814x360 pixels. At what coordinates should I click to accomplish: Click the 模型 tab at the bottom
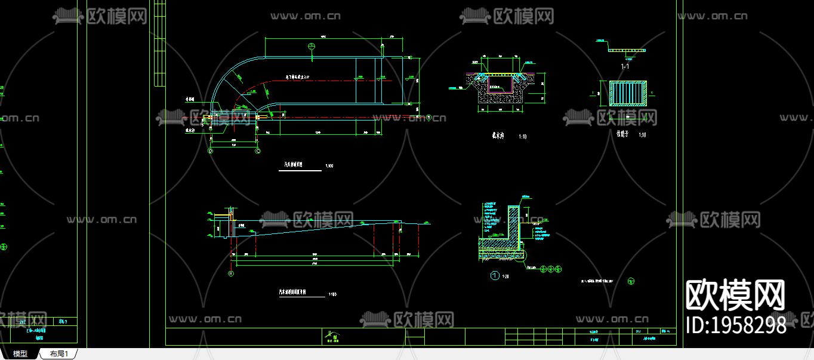(20, 354)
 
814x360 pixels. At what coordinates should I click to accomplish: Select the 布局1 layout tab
(59, 354)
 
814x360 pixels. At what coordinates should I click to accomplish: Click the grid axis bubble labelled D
(210, 152)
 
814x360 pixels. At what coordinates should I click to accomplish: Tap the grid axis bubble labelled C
(258, 152)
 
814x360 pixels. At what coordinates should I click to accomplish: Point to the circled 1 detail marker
(494, 275)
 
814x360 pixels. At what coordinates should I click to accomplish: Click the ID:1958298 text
(736, 325)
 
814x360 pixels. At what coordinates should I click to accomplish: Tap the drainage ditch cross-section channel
(500, 87)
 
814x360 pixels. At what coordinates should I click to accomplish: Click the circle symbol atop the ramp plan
(311, 47)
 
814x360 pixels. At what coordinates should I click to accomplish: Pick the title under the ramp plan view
(293, 164)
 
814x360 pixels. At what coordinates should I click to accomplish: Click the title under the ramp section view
(293, 293)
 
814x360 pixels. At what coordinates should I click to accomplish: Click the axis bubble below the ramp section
(231, 273)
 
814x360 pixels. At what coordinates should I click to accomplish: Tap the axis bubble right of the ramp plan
(429, 117)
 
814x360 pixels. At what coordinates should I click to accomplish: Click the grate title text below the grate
(623, 134)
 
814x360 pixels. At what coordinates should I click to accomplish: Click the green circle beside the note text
(631, 281)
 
